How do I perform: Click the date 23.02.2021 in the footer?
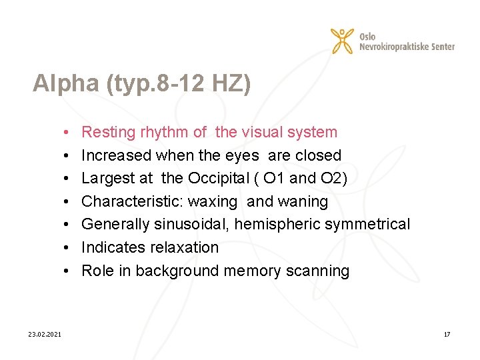[45, 334]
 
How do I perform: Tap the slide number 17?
[447, 334]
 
